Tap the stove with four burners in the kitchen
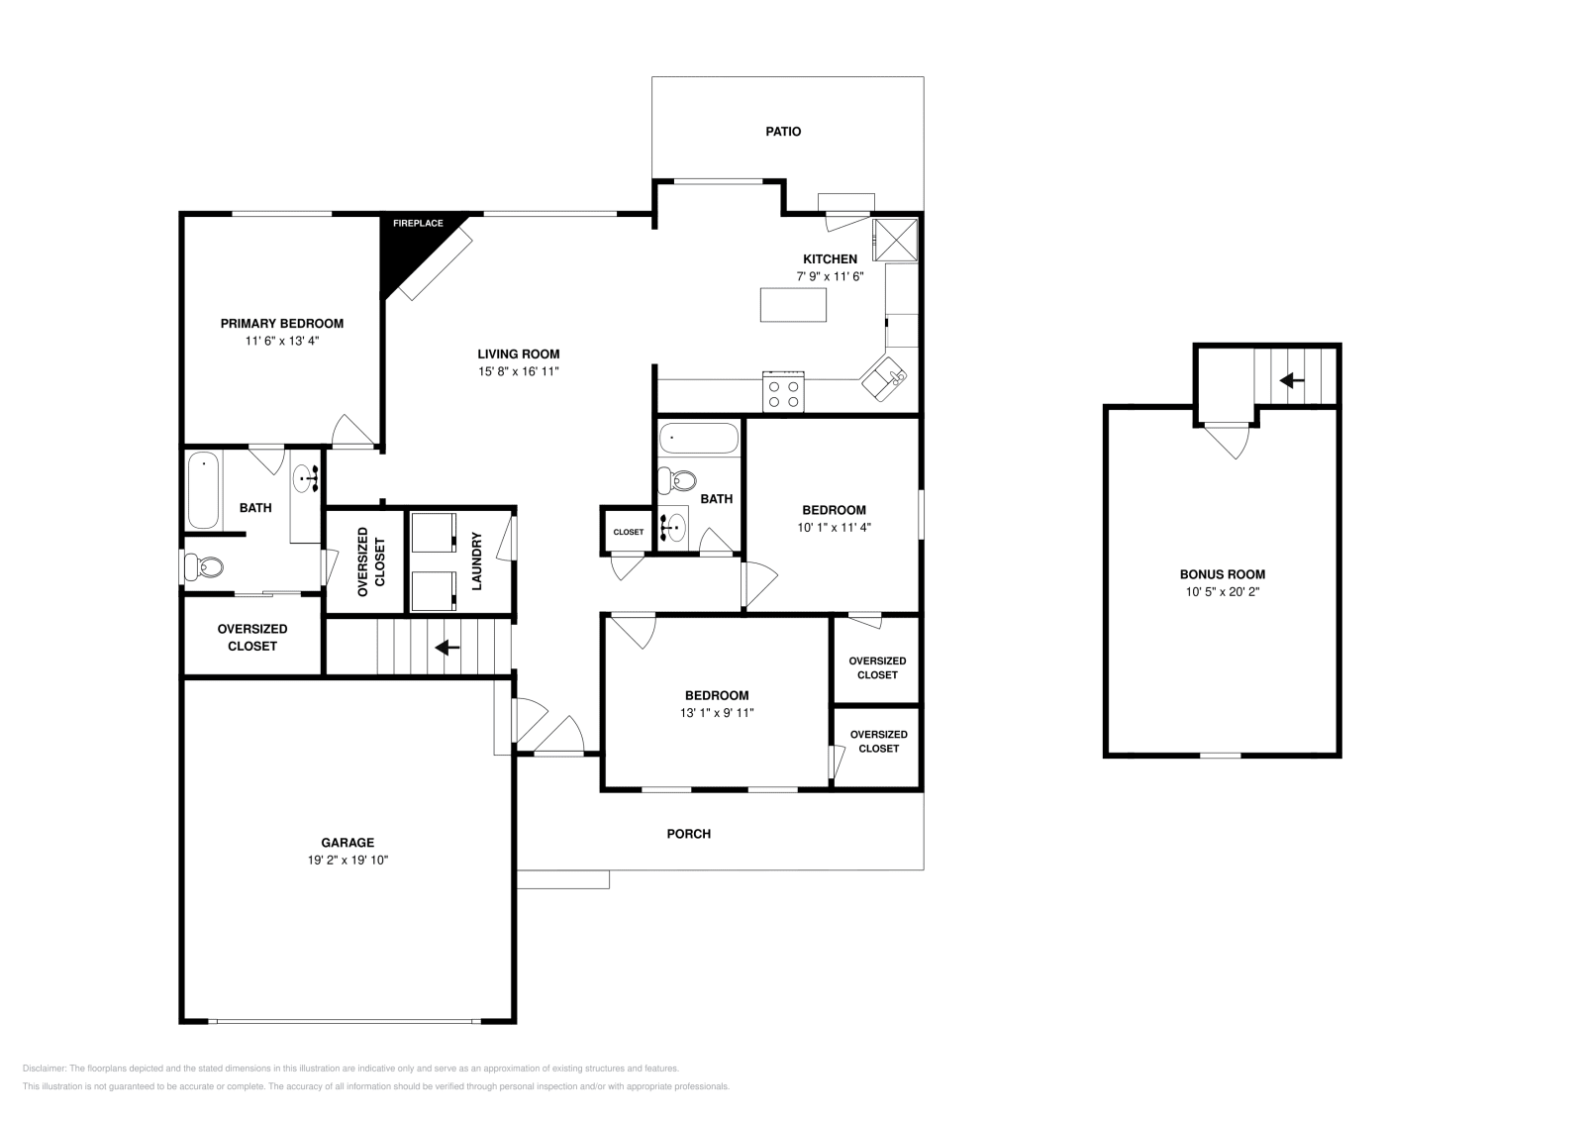(x=783, y=393)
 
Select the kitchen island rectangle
(x=793, y=304)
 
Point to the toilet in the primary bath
(x=204, y=567)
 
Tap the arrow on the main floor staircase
(x=447, y=647)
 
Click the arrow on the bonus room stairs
(x=1291, y=379)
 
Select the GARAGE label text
(x=346, y=843)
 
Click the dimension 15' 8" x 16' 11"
(x=519, y=371)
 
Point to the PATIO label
(x=783, y=132)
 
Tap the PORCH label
(x=688, y=834)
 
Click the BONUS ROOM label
(x=1222, y=574)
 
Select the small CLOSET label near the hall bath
(x=628, y=532)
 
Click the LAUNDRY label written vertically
(x=476, y=561)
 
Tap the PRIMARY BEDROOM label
(x=281, y=324)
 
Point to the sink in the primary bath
(x=304, y=479)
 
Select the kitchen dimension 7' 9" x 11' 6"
(x=830, y=277)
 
